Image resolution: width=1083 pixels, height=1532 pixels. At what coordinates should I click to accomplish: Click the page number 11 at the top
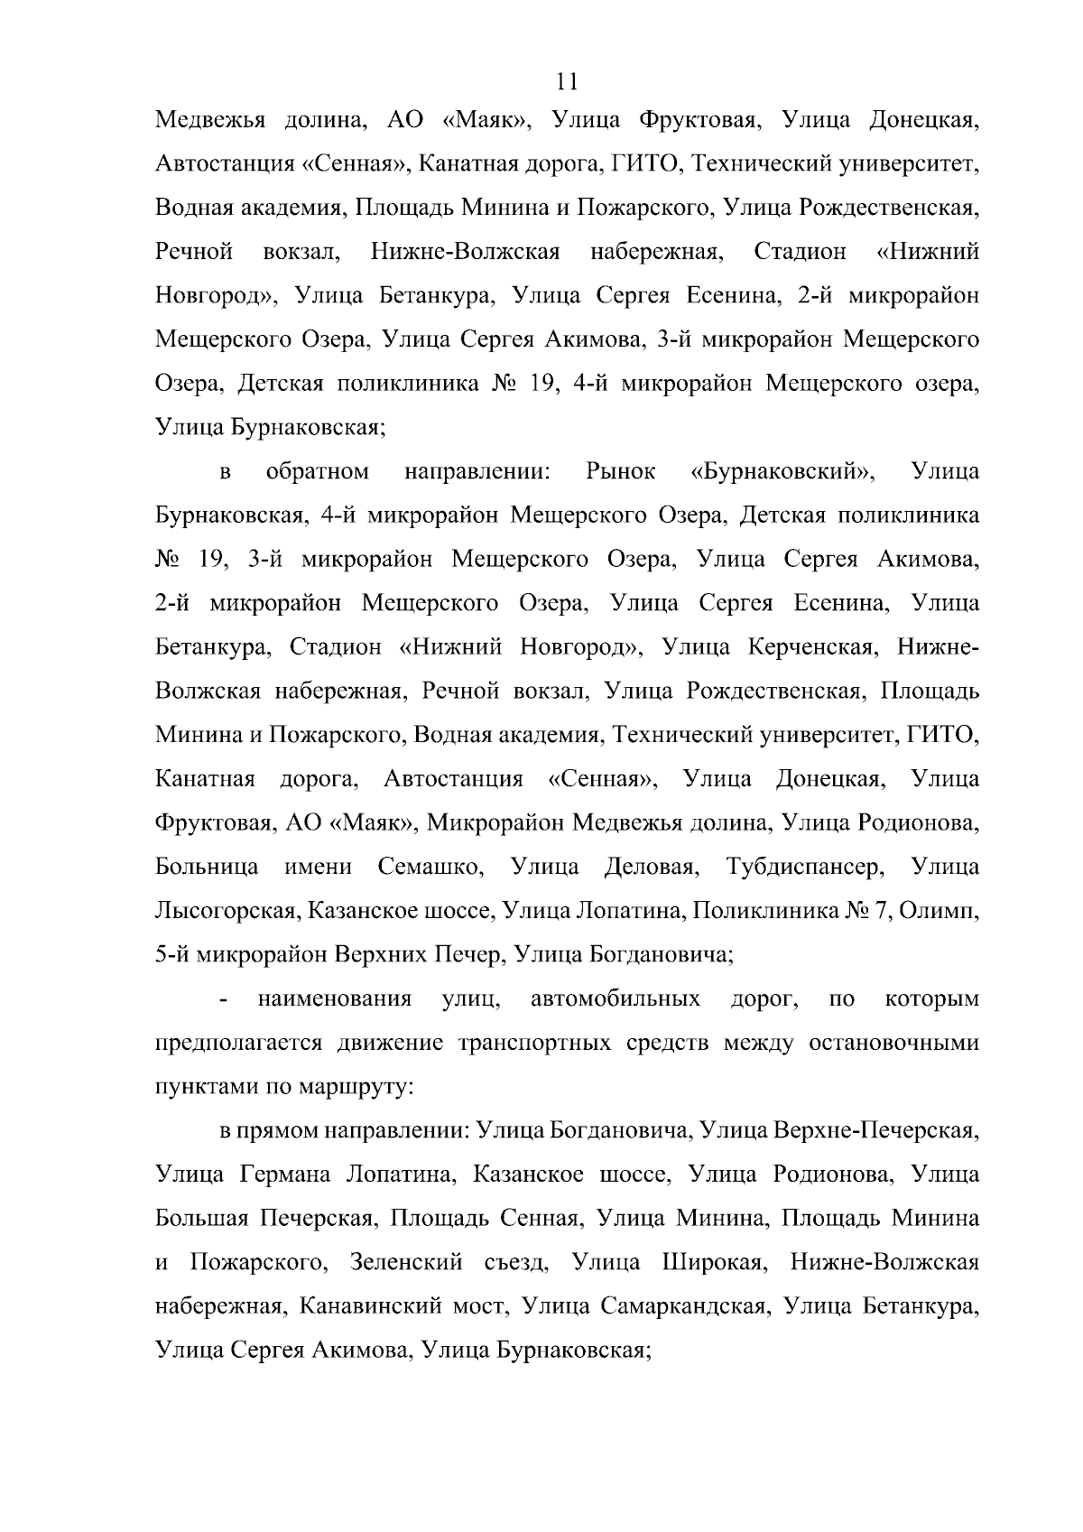[568, 82]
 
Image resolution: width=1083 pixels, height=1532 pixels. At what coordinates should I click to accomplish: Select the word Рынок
[620, 471]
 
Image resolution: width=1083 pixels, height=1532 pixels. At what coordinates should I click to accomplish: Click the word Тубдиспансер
[802, 868]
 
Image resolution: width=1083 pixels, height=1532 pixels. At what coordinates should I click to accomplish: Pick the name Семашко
[430, 868]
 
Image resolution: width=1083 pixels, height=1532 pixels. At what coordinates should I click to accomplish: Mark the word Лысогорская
[226, 912]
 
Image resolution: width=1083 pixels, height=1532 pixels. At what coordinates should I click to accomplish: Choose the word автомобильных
[615, 999]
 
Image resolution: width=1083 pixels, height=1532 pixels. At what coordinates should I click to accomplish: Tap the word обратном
[318, 471]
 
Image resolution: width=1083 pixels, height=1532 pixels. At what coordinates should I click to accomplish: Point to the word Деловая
[652, 868]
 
